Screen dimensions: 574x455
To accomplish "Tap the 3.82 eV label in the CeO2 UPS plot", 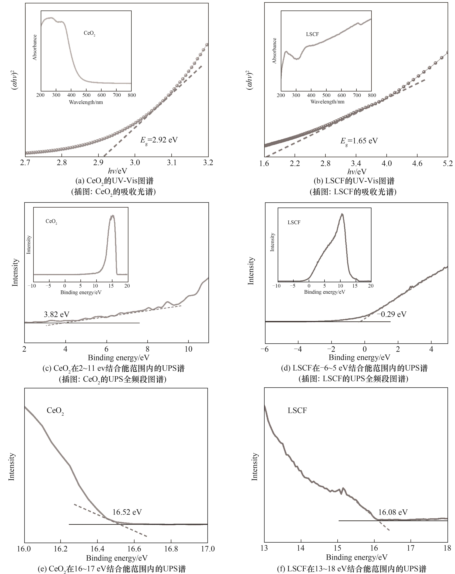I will tap(56, 315).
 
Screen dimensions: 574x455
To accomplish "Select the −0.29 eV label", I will tap(391, 314).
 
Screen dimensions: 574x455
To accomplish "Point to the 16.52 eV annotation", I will tap(127, 512).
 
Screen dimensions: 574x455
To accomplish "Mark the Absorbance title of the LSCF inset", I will tap(274, 51).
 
